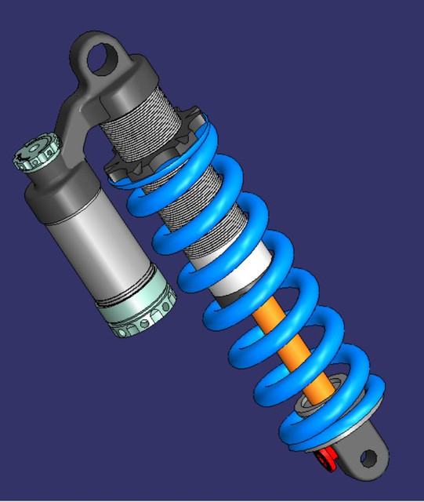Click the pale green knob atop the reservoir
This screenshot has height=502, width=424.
click(x=34, y=152)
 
